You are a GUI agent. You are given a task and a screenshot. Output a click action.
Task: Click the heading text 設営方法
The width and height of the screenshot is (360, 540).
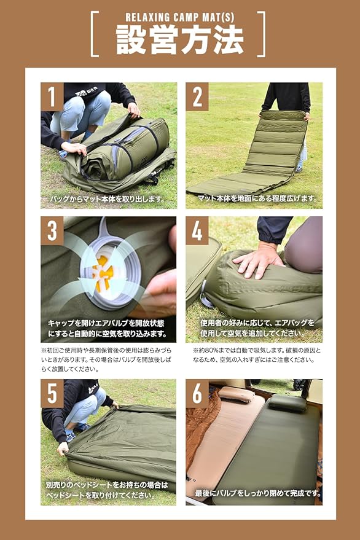[x=180, y=41]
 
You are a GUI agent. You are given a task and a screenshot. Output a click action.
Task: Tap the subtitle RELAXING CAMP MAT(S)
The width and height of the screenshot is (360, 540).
[x=180, y=17]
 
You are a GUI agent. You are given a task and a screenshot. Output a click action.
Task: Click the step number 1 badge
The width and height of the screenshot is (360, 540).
[x=52, y=97]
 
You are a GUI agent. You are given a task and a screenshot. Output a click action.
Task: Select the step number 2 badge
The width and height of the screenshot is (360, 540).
[x=197, y=97]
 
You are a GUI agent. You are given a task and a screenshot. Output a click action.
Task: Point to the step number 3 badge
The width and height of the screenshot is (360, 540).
[x=52, y=231]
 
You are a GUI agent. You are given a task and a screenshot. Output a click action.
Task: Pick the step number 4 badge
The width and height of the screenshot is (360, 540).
[x=197, y=231]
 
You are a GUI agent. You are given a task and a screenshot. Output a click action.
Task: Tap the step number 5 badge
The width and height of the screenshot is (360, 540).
[x=52, y=394]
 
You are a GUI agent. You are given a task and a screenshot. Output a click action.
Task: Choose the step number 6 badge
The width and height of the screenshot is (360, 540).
[x=197, y=394]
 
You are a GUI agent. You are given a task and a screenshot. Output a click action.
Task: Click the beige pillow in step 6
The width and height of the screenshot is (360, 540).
[x=237, y=394]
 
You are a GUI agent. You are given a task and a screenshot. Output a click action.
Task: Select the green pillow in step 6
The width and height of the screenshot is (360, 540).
[x=288, y=403]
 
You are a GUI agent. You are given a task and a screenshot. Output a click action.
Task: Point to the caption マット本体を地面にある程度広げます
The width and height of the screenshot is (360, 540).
[x=257, y=198]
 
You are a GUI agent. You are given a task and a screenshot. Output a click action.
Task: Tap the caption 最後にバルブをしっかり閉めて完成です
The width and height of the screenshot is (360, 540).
[x=259, y=493]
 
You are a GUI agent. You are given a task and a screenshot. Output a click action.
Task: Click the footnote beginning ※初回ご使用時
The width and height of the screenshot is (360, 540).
[x=106, y=360]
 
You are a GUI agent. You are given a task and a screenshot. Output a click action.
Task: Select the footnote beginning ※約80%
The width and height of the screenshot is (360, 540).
[x=257, y=356]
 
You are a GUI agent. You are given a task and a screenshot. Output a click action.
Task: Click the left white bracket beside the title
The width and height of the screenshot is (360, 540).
[x=94, y=34]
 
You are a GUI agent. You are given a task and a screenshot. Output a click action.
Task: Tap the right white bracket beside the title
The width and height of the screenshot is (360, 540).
[x=262, y=34]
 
